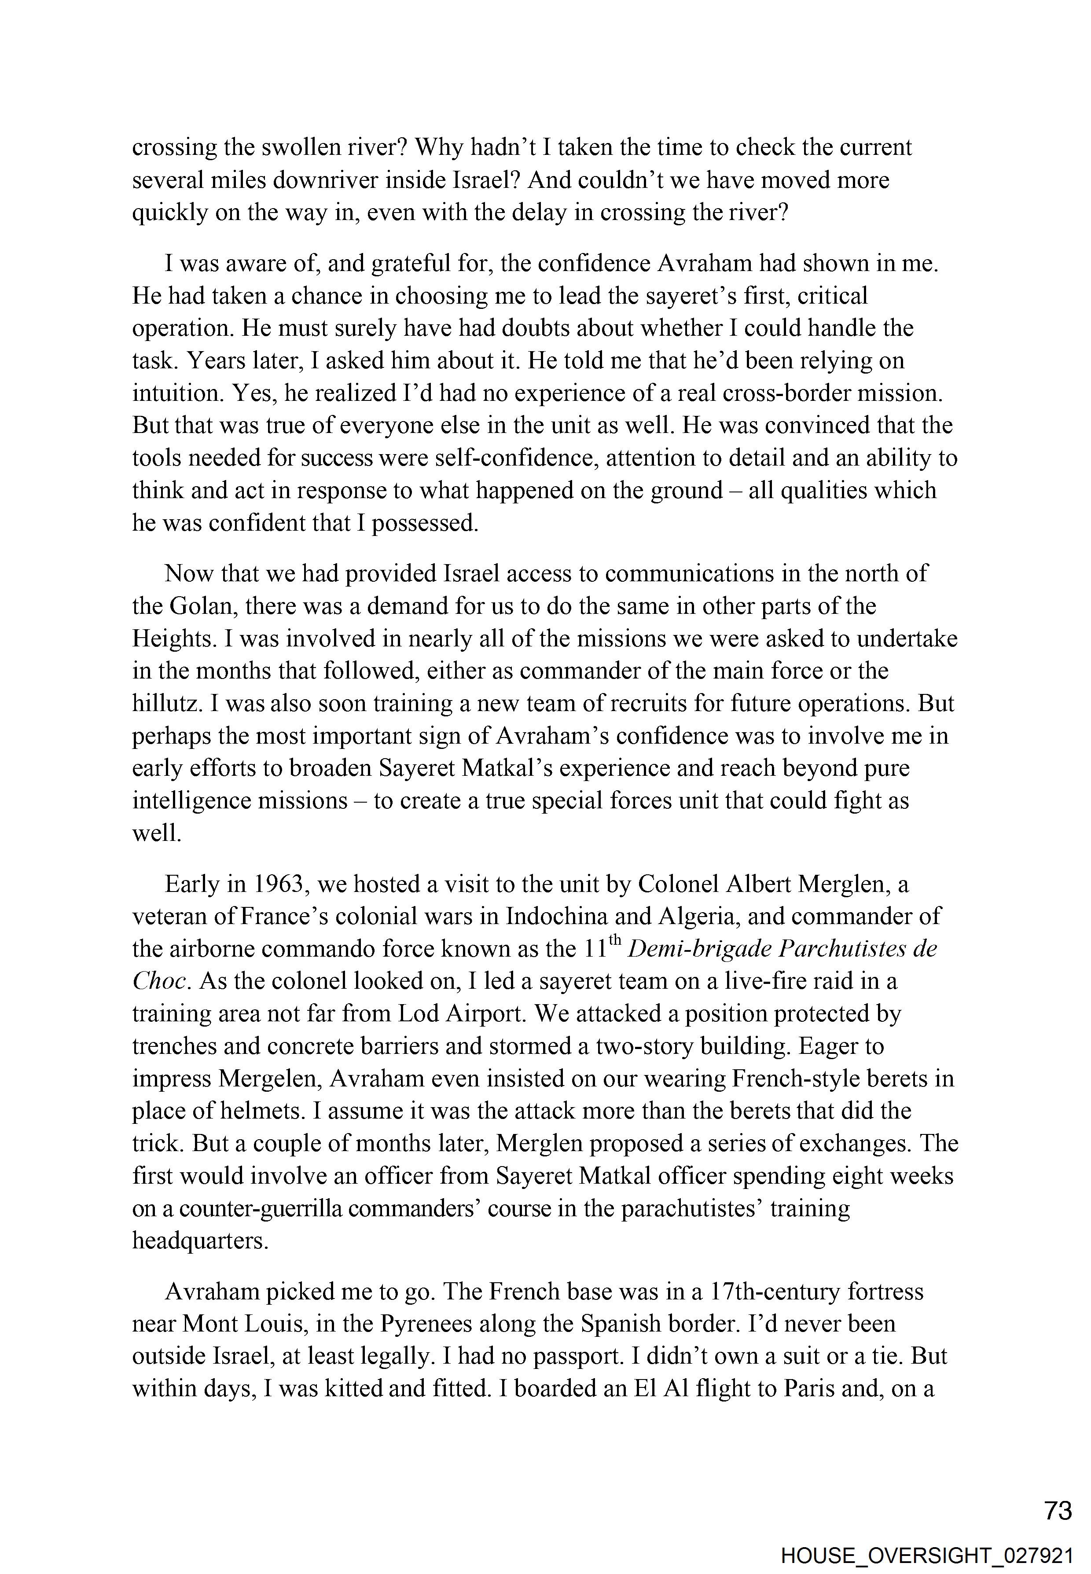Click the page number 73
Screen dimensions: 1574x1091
(1058, 1511)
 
